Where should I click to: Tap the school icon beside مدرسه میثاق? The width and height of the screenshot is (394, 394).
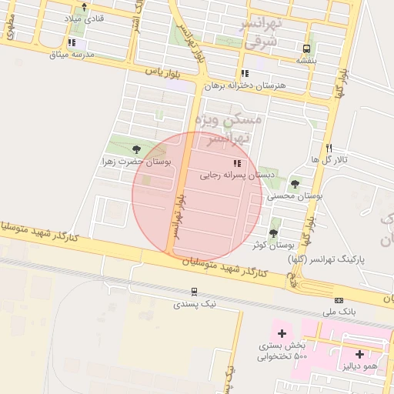[x=72, y=43]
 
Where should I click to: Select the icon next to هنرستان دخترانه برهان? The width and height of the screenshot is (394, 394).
[x=245, y=74]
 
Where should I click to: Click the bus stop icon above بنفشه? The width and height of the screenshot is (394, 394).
[x=308, y=48]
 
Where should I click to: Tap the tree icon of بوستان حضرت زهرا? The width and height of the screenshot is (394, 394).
[x=136, y=149]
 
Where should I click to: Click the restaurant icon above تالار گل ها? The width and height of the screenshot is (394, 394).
[x=329, y=147]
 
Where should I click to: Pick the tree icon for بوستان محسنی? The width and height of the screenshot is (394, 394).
[x=295, y=184]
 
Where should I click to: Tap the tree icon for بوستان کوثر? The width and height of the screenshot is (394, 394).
[x=273, y=232]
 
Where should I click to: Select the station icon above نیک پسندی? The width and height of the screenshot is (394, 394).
[x=194, y=292]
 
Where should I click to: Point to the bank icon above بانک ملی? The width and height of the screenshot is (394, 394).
[x=339, y=300]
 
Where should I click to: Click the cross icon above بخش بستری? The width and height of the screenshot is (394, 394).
[x=282, y=333]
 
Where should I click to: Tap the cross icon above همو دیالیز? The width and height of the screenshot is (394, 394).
[x=360, y=353]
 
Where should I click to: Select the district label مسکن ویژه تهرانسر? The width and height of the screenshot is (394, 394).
[x=229, y=129]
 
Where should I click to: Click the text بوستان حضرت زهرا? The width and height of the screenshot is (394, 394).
[x=129, y=162]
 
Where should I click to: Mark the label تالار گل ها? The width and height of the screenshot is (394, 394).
[x=329, y=159]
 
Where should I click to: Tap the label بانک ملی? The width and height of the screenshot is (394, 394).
[x=339, y=312]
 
